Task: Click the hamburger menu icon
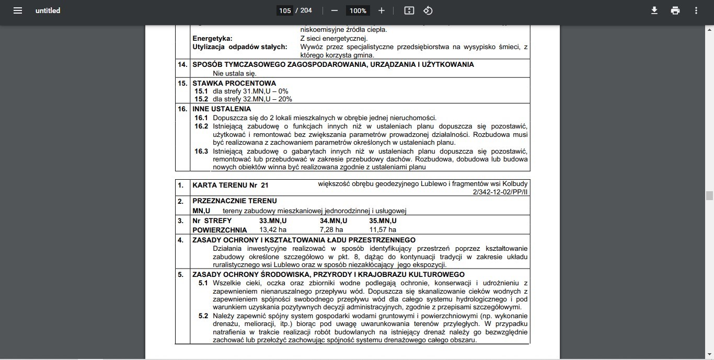tap(18, 10)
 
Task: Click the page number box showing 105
tap(285, 10)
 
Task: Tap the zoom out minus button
tap(335, 10)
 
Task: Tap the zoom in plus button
tap(382, 10)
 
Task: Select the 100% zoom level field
tap(358, 10)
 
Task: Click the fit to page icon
tap(409, 10)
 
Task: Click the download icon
tap(654, 10)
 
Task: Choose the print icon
tap(675, 10)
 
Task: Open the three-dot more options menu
tap(696, 10)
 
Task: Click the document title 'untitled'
tap(48, 10)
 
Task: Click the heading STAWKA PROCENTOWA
tap(234, 83)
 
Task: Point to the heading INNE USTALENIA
tap(222, 109)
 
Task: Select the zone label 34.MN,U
tap(336, 221)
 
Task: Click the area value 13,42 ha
tap(273, 229)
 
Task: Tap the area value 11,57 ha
tap(383, 229)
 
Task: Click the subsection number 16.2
tap(201, 126)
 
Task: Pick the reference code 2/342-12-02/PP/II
tap(500, 192)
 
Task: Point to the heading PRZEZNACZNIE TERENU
tap(235, 201)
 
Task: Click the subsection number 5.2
tap(203, 316)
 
